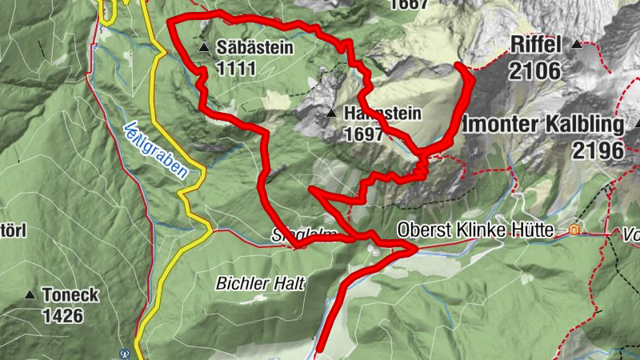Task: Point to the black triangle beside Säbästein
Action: [205, 47]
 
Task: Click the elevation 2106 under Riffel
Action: [534, 70]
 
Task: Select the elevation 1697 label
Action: [364, 134]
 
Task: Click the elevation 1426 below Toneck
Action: [62, 316]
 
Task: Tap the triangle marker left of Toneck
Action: [30, 295]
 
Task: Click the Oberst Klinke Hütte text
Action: [475, 230]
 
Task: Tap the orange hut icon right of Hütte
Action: [573, 230]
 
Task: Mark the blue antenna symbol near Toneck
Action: [124, 352]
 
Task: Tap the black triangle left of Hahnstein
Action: [330, 114]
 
